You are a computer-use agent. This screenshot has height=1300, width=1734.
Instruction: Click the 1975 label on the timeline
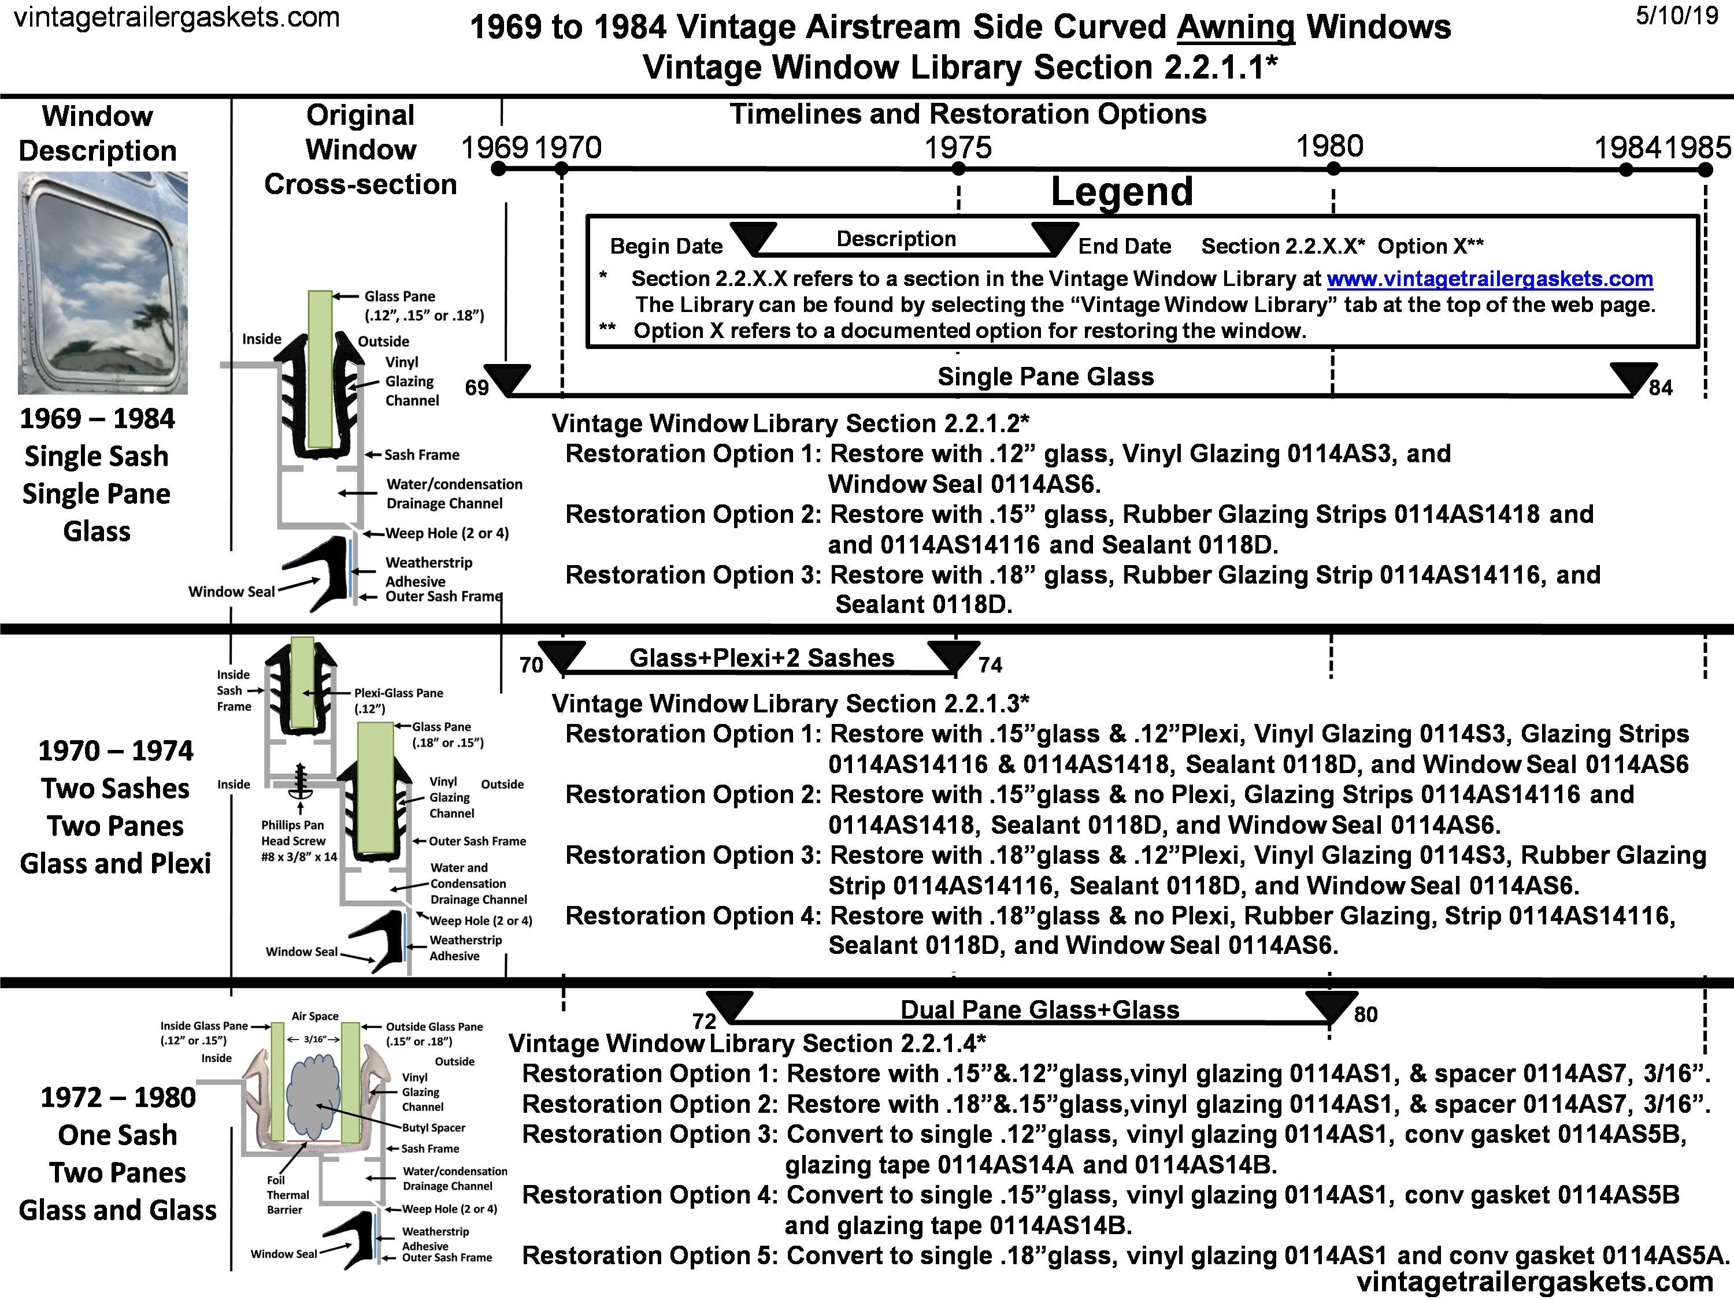958,147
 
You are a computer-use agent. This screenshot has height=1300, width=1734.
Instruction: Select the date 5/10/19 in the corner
1676,16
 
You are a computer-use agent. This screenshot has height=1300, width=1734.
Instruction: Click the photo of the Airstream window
103,283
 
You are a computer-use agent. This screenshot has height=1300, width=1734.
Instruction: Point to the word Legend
1122,192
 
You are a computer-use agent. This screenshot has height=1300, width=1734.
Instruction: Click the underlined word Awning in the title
1235,27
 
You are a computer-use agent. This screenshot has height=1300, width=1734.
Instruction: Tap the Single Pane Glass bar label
1046,377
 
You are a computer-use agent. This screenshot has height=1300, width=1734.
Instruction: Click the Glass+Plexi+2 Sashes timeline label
761,658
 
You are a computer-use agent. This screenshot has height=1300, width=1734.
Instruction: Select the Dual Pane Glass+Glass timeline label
1039,1009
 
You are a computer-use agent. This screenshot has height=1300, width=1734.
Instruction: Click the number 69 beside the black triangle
477,388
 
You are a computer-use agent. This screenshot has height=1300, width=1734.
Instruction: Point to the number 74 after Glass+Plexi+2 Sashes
990,665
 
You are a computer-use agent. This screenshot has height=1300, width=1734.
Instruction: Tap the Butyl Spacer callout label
433,1128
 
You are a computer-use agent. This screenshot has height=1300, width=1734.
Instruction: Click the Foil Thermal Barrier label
287,1195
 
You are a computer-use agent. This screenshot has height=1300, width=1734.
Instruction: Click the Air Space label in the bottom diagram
315,1016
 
